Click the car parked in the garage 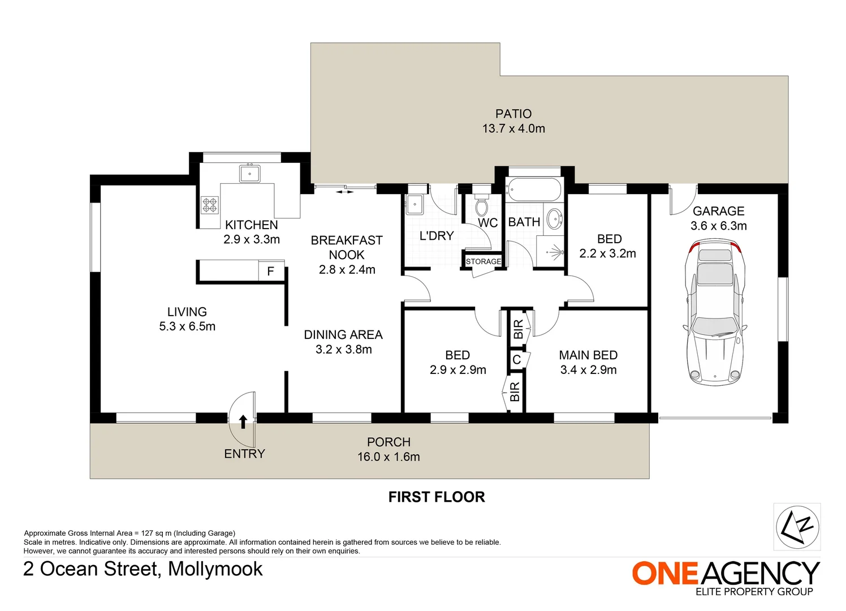pyautogui.click(x=715, y=312)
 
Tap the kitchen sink pyautogui.click(x=249, y=174)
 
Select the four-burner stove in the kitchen pyautogui.click(x=210, y=205)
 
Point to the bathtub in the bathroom pyautogui.click(x=534, y=190)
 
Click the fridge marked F pyautogui.click(x=271, y=271)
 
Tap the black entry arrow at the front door pyautogui.click(x=243, y=421)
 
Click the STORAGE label pyautogui.click(x=483, y=261)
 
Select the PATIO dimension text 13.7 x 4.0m pyautogui.click(x=513, y=128)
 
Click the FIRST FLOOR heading pyautogui.click(x=437, y=497)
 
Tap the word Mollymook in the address pyautogui.click(x=215, y=569)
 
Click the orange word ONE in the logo pyautogui.click(x=665, y=573)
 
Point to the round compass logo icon pyautogui.click(x=797, y=527)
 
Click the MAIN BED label pyautogui.click(x=588, y=355)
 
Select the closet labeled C pyautogui.click(x=517, y=359)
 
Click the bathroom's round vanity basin pyautogui.click(x=554, y=219)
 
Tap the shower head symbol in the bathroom pyautogui.click(x=556, y=252)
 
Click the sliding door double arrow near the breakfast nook pyautogui.click(x=345, y=192)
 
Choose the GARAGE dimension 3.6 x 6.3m pyautogui.click(x=718, y=226)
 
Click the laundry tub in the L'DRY pyautogui.click(x=415, y=204)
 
